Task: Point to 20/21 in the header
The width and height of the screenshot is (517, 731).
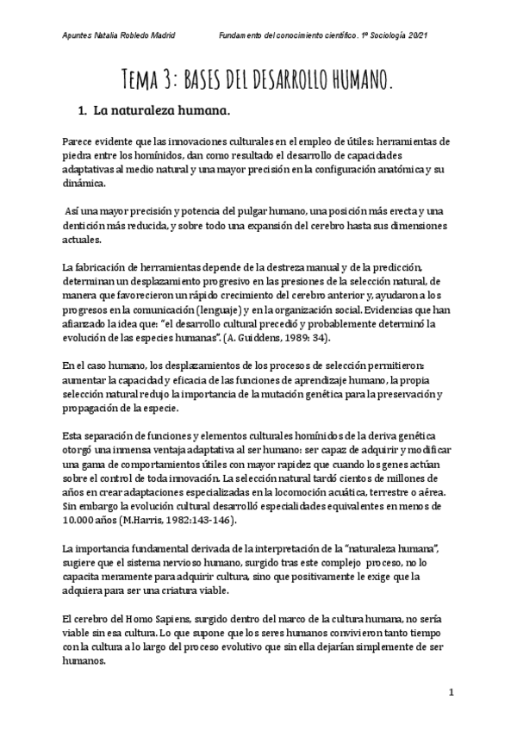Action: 439,35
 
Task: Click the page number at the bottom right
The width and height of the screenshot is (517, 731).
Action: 451,692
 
